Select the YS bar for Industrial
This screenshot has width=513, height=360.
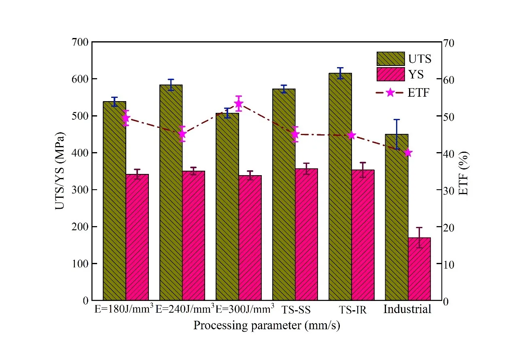419,269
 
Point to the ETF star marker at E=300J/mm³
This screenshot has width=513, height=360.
238,103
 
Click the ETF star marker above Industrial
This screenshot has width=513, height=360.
408,152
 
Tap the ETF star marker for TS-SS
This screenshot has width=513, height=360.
295,134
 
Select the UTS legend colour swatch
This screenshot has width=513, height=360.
390,59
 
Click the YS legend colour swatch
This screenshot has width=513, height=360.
390,75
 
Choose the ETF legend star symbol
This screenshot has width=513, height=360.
390,93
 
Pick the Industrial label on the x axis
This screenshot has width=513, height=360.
407,309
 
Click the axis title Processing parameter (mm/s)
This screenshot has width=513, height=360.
266,326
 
